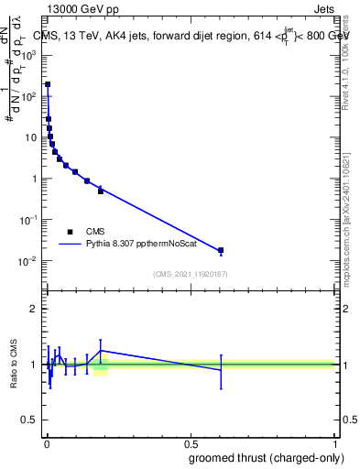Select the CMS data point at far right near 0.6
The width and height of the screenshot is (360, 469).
(221, 250)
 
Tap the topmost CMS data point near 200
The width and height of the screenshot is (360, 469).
(48, 84)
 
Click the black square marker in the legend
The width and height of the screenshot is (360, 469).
(70, 232)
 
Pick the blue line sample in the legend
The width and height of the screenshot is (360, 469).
(70, 245)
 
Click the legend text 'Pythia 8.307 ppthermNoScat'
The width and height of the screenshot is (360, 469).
(136, 245)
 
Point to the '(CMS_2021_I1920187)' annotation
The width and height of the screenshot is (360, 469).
(191, 274)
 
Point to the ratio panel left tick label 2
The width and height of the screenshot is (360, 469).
(33, 309)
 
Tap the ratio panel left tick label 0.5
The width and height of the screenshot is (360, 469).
(29, 421)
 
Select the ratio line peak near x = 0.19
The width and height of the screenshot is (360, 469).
(101, 351)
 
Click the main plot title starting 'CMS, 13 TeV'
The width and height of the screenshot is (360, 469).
(190, 35)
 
